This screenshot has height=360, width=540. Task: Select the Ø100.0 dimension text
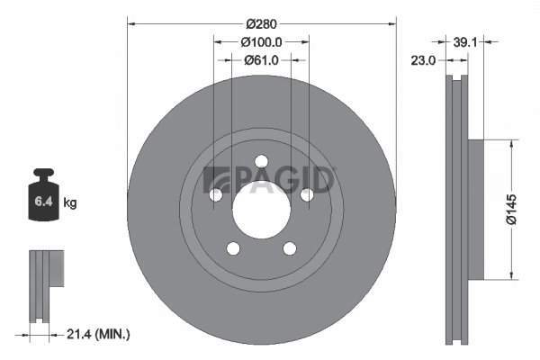pyautogui.click(x=262, y=41)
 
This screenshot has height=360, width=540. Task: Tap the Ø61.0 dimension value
pyautogui.click(x=262, y=59)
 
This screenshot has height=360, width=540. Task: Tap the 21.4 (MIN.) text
pyautogui.click(x=99, y=335)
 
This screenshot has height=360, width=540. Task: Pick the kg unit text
pyautogui.click(x=70, y=203)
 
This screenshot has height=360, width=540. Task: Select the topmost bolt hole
pyautogui.click(x=261, y=162)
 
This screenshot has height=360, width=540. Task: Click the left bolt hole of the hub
pyautogui.click(x=216, y=195)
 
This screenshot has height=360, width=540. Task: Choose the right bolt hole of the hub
pyautogui.click(x=306, y=195)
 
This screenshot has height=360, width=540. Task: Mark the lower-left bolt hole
pyautogui.click(x=233, y=249)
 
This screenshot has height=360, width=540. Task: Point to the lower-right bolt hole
pyautogui.click(x=289, y=249)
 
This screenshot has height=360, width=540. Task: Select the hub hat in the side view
pyautogui.click(x=476, y=208)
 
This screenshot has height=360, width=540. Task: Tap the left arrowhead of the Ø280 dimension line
pyautogui.click(x=131, y=21)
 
